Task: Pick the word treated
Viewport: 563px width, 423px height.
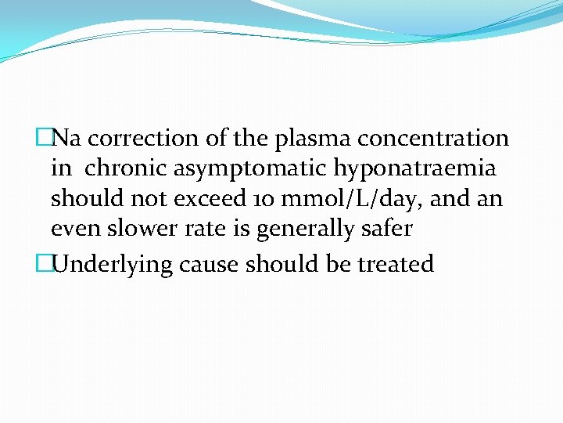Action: (396, 264)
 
